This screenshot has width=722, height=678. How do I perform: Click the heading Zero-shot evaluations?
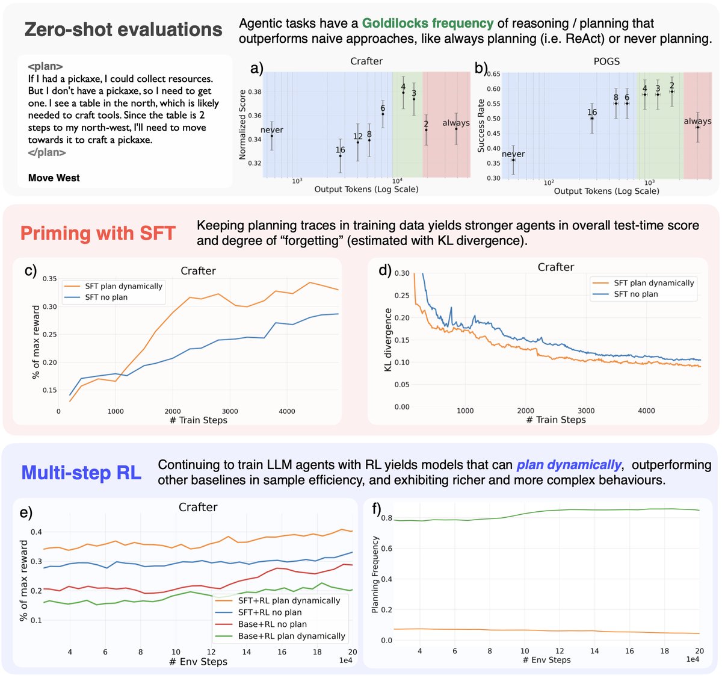123,30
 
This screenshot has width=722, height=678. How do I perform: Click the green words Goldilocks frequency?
427,23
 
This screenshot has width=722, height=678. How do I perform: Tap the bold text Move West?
54,178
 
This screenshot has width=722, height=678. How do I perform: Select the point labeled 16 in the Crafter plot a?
341,156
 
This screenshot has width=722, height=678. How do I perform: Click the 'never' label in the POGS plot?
513,154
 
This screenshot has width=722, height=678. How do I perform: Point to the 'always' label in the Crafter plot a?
456,123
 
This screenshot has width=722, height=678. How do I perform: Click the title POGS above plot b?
606,61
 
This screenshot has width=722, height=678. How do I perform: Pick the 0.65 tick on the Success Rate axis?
493,74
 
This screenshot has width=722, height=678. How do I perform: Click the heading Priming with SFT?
98,233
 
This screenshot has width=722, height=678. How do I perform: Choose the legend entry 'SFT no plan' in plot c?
106,297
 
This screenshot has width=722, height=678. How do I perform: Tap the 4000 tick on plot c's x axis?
287,411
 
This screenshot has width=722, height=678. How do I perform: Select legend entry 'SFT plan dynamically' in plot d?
653,282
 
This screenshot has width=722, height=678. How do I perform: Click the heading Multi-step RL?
81,473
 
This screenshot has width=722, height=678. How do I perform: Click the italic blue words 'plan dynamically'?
569,465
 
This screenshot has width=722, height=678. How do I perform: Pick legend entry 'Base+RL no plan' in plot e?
272,624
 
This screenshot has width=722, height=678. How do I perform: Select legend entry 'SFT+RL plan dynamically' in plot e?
289,600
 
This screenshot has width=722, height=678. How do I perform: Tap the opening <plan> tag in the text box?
45,66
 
